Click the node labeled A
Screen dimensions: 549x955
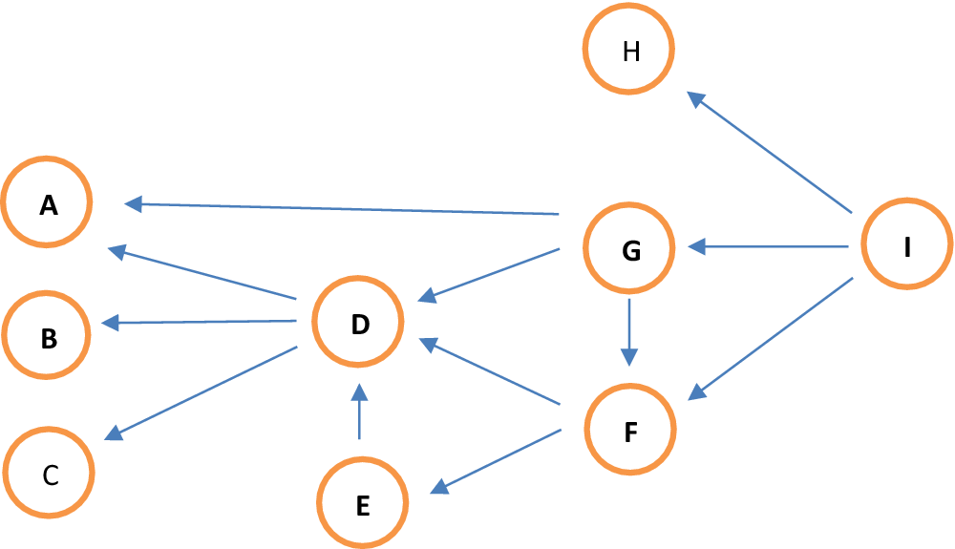coord(48,203)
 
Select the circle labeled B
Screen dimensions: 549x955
coord(48,337)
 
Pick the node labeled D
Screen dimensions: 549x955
coord(359,324)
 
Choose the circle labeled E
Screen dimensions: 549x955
coord(362,503)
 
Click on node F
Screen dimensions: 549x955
coord(629,431)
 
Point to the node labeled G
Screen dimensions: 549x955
coord(629,250)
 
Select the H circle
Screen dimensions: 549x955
coord(629,51)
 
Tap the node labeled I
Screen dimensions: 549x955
coord(906,245)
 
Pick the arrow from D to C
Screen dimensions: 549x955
coord(202,392)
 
